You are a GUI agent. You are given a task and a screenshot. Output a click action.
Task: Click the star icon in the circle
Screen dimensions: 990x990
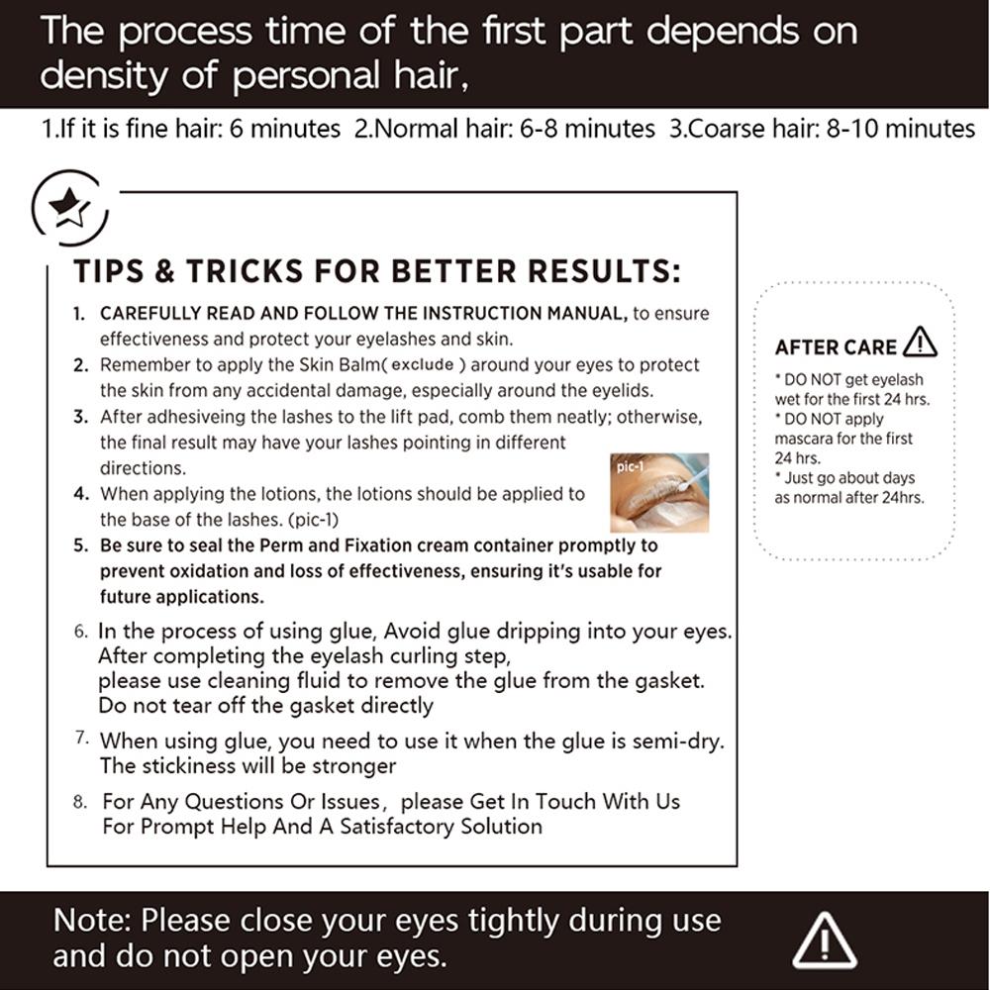pos(69,207)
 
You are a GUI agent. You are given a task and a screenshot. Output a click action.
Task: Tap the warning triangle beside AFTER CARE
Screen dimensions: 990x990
pos(920,343)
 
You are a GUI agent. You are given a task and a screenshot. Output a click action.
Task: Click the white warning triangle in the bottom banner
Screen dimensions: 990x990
pos(824,940)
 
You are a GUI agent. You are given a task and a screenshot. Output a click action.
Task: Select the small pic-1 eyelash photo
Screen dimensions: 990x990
pos(659,492)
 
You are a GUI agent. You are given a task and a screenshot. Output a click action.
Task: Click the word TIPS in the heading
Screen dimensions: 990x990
pos(109,271)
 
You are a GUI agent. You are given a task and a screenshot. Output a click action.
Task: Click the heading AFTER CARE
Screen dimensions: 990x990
pos(836,347)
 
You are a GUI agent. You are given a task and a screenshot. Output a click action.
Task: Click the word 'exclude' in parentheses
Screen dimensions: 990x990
pos(423,365)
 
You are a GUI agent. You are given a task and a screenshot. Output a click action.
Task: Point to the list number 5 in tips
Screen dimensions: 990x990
pos(80,545)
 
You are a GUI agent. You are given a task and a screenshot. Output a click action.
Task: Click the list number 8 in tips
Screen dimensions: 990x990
pos(80,802)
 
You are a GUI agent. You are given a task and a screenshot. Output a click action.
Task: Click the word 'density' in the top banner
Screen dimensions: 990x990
pos(104,77)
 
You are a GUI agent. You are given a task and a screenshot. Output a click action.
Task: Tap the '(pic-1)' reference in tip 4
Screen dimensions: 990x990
pos(313,521)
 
